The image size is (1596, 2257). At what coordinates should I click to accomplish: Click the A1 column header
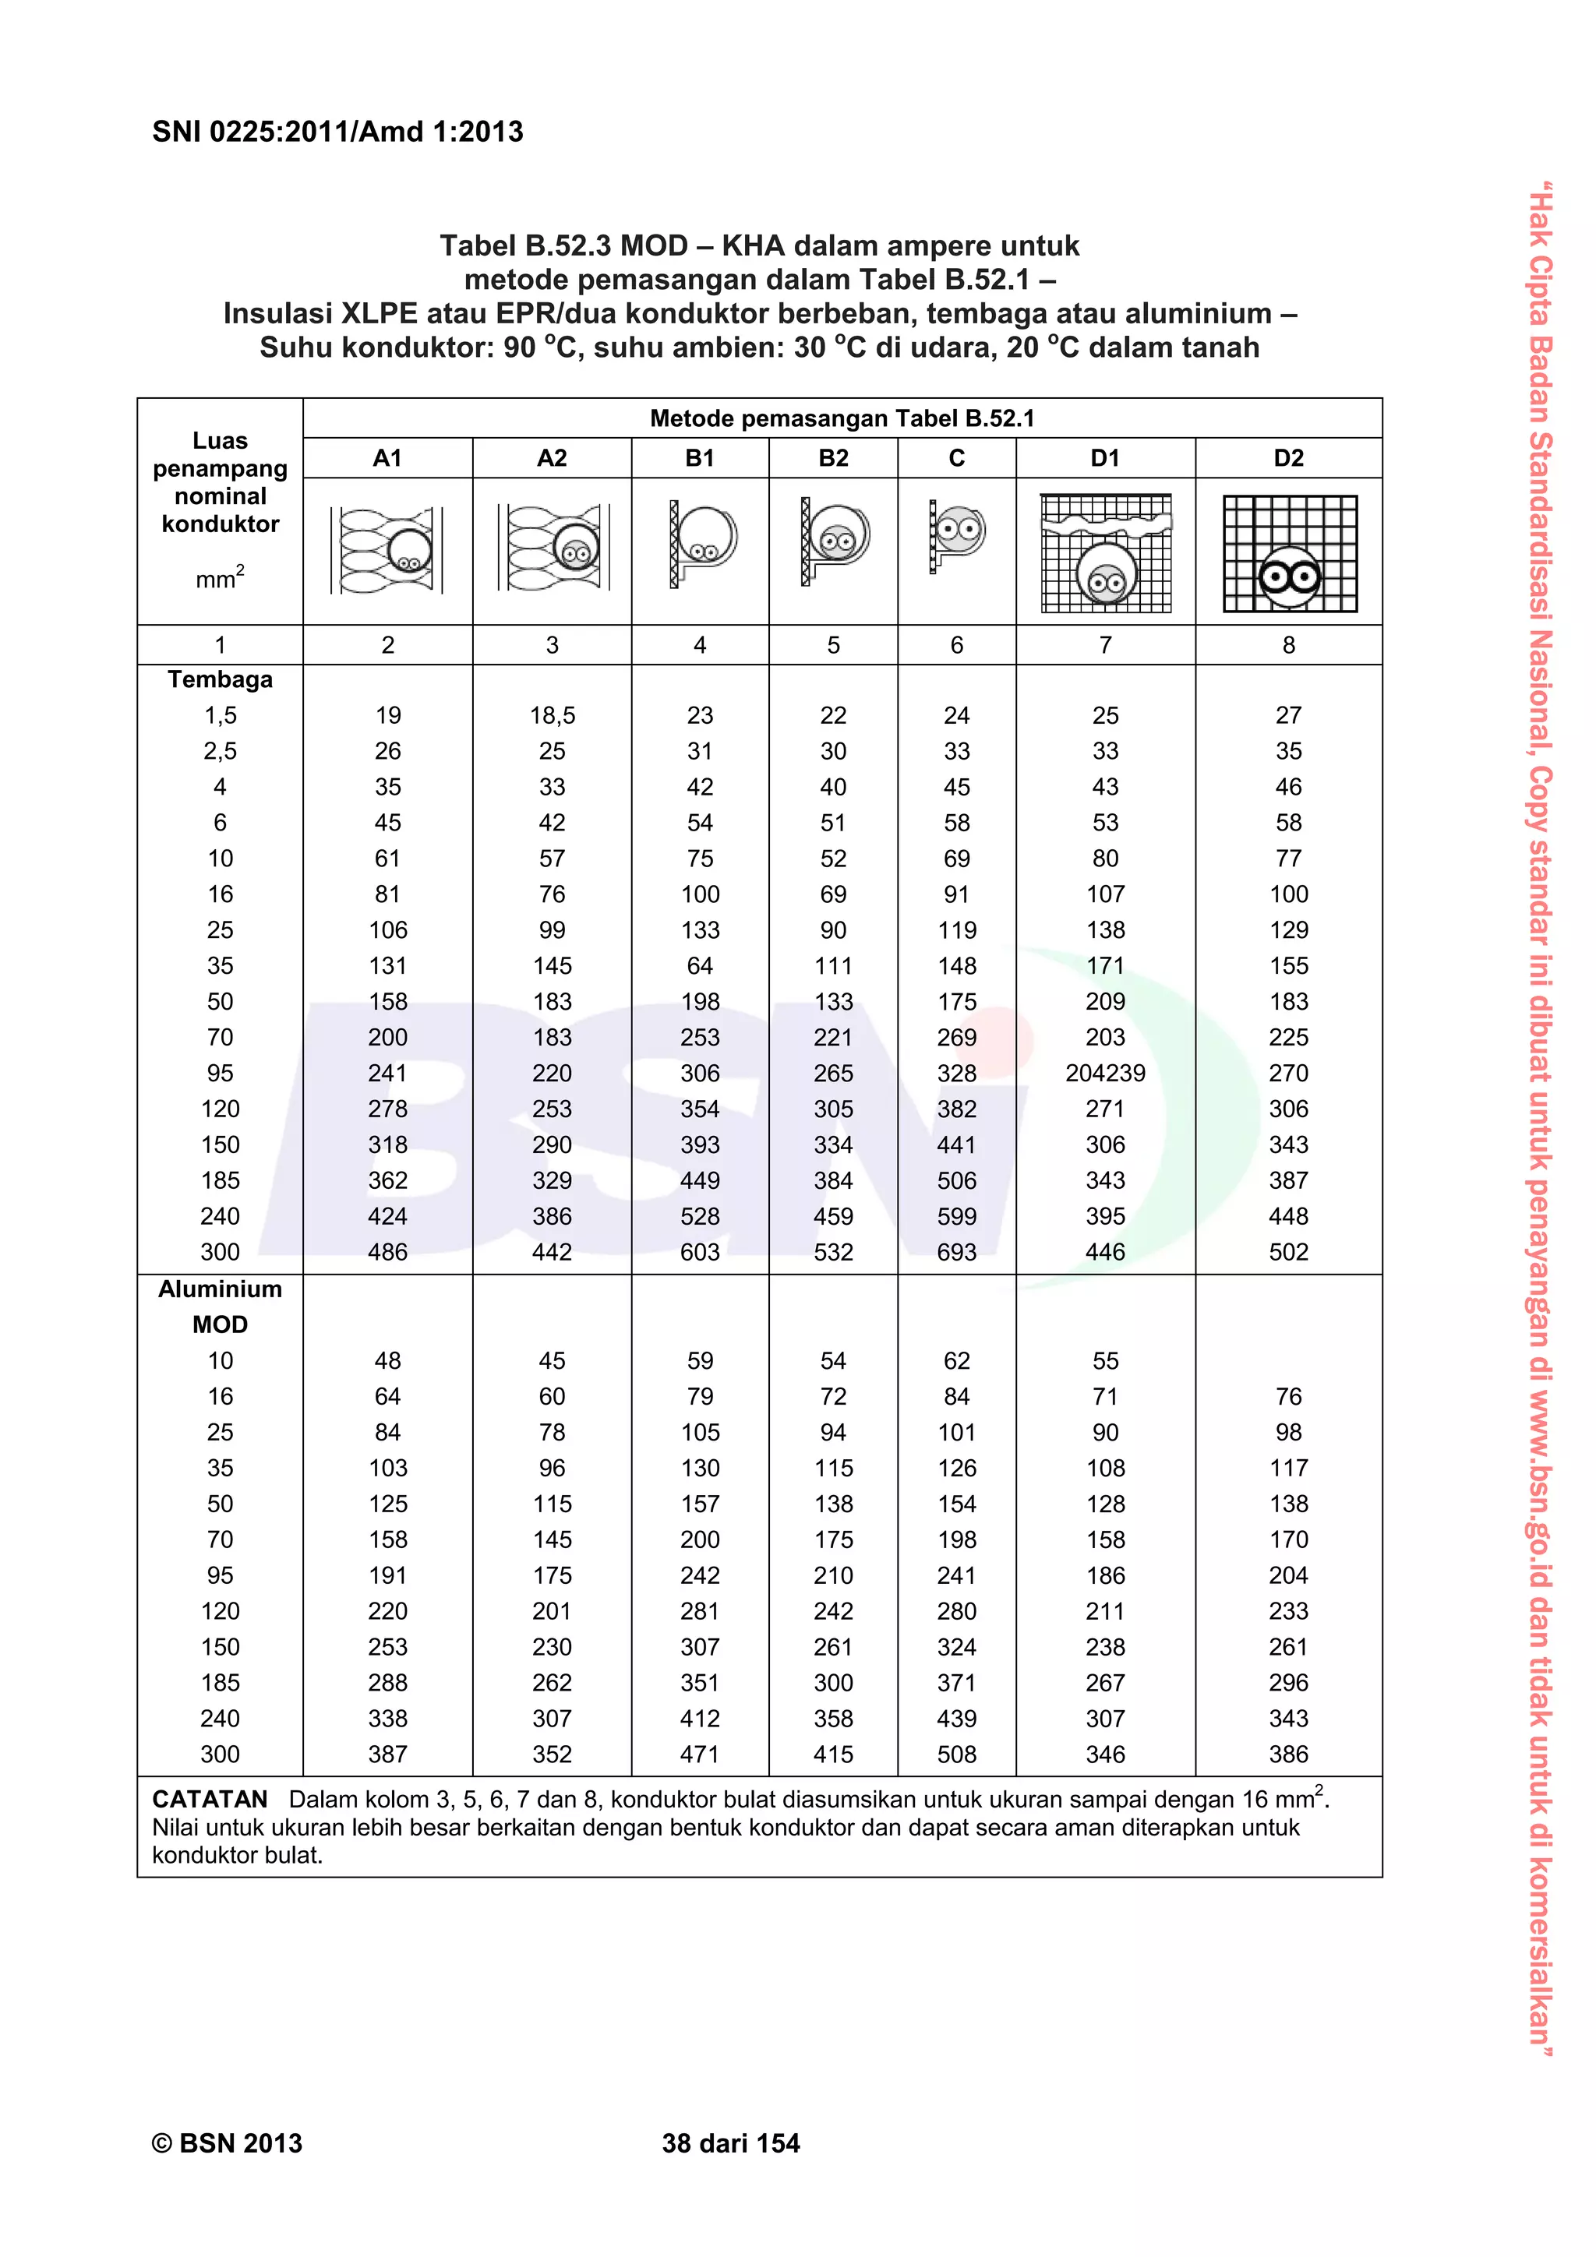pos(387,458)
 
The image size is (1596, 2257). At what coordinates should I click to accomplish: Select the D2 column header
pos(1288,458)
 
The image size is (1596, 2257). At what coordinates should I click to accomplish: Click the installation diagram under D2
pos(1289,553)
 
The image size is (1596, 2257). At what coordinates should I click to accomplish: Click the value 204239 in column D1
pos(1105,1074)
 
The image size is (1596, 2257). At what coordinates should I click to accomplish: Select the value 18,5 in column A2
pos(552,716)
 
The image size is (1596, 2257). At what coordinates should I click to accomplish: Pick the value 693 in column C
pos(956,1252)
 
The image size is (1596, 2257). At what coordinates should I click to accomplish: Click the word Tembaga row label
pos(221,679)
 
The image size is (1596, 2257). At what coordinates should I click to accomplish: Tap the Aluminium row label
pos(221,1289)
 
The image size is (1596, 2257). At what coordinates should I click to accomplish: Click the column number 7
pos(1105,645)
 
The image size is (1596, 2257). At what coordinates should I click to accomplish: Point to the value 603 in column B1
pos(700,1252)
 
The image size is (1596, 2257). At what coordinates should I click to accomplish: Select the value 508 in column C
pos(956,1754)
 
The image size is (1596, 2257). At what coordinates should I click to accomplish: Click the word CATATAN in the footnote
pos(210,1800)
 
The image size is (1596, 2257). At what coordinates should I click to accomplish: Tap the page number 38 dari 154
pos(731,2144)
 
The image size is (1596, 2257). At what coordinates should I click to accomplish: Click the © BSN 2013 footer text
pos(227,2144)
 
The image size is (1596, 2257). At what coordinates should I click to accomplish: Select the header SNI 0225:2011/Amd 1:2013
pos(337,132)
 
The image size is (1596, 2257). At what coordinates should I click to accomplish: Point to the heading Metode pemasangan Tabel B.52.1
pos(842,419)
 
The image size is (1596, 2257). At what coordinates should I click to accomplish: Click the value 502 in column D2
pos(1288,1252)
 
